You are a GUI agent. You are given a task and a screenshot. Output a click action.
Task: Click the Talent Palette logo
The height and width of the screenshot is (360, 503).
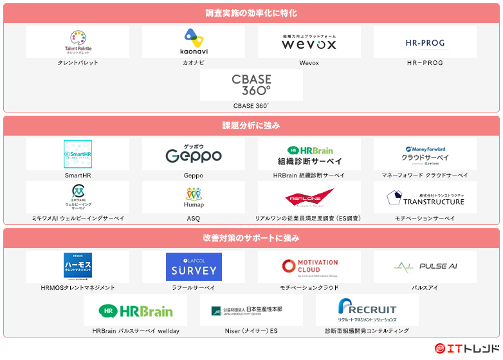click(x=78, y=42)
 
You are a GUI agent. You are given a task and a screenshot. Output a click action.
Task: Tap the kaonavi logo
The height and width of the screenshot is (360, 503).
click(x=194, y=42)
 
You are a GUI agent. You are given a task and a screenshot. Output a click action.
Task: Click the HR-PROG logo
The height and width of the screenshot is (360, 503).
click(x=425, y=43)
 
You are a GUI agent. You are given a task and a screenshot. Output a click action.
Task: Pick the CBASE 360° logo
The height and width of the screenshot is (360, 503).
click(x=251, y=85)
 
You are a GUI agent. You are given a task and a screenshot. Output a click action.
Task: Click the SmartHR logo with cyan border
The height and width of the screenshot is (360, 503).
click(x=78, y=154)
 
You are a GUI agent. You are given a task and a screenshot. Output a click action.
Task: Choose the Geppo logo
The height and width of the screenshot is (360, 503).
click(x=194, y=154)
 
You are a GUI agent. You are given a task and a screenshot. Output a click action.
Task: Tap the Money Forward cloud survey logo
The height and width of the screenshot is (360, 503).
click(x=425, y=155)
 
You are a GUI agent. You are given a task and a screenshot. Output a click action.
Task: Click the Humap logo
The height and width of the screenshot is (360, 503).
click(x=194, y=197)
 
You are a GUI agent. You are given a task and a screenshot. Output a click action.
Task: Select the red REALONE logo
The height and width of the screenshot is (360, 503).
click(x=309, y=197)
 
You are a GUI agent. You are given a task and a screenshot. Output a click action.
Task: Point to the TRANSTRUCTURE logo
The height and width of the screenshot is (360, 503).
click(x=425, y=197)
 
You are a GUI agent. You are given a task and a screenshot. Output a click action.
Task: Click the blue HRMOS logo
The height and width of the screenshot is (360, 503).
click(x=78, y=266)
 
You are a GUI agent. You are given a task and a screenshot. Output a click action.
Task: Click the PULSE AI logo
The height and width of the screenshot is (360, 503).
click(x=425, y=266)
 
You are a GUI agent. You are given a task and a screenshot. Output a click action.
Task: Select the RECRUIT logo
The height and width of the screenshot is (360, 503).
click(x=367, y=310)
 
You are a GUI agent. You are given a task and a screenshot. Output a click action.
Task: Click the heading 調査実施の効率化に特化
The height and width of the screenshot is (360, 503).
click(x=251, y=13)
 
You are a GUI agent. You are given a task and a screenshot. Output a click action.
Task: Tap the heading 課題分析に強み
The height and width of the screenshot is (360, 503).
click(x=251, y=125)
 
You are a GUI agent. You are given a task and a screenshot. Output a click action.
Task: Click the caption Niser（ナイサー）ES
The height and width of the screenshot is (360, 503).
click(x=251, y=331)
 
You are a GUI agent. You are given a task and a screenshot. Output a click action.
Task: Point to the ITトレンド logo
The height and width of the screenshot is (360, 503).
click(x=467, y=348)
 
